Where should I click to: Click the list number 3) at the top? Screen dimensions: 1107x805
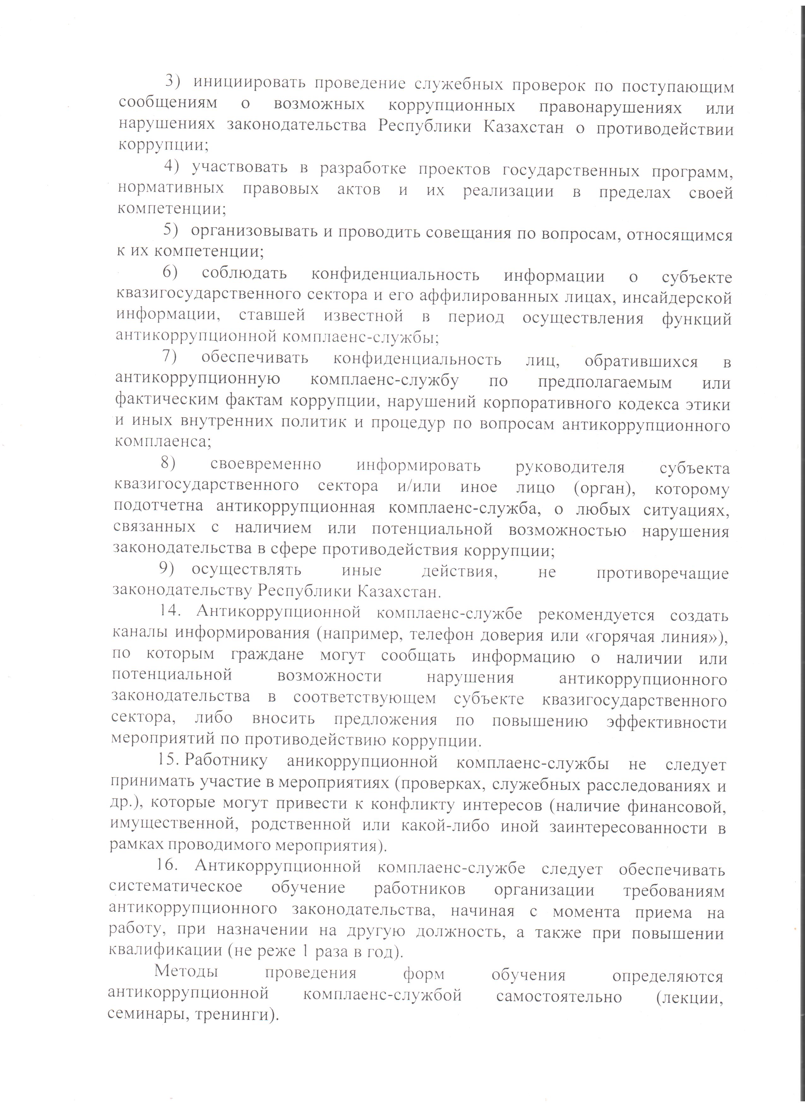pos(173,81)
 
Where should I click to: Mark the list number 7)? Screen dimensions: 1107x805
pos(170,357)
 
